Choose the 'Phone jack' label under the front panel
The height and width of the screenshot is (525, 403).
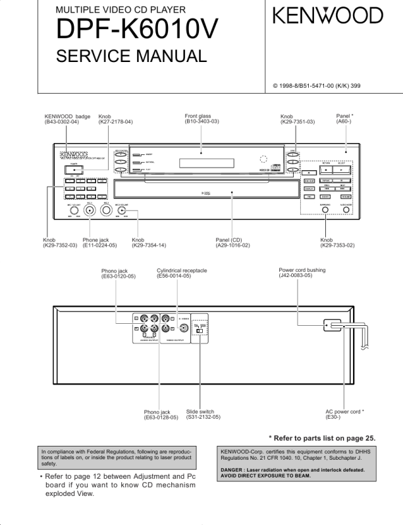tap(95, 240)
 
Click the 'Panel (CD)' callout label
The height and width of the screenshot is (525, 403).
tap(229, 240)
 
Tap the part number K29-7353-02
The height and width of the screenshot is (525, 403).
tap(337, 245)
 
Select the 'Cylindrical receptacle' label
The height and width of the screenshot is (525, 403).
tap(182, 270)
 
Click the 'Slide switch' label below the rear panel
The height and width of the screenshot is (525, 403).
tap(200, 412)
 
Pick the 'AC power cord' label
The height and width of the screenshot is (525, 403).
tap(344, 412)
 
